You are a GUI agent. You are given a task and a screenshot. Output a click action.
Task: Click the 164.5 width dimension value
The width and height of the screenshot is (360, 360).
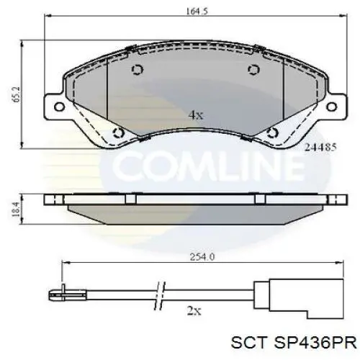(189, 12)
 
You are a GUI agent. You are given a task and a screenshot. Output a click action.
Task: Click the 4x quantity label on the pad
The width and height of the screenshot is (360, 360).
(195, 114)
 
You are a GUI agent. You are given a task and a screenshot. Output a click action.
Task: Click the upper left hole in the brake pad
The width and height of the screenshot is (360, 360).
(138, 69)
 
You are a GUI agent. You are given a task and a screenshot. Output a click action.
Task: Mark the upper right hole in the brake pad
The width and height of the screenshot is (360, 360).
(253, 69)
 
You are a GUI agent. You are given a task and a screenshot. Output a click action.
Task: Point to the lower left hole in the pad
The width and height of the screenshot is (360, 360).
(119, 132)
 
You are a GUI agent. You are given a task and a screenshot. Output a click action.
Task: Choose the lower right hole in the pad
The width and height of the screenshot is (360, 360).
(272, 132)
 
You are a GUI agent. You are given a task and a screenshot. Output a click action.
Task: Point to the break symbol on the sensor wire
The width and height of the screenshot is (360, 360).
(160, 294)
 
